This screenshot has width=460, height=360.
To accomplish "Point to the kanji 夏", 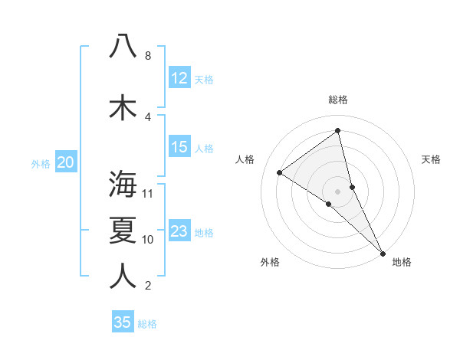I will coord(123,230).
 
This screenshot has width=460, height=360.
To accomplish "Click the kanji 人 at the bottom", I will coord(123,276).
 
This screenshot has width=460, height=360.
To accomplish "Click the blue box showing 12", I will coord(179,78).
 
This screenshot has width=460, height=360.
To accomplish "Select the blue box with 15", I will coord(179,147).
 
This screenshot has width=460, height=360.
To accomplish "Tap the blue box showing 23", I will coord(179,231).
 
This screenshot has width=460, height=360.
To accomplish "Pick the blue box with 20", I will coord(66,162).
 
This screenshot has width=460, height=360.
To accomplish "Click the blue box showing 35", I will coord(123,322).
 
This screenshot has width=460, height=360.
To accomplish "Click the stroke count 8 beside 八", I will coord(147,56).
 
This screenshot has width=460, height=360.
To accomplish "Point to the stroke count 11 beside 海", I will coord(148,193).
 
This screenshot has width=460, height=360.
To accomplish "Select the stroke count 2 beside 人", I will coord(147,286).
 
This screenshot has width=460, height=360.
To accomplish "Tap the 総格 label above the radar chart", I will coord(338,100).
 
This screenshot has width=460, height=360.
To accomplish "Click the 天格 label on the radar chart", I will coord(432,159).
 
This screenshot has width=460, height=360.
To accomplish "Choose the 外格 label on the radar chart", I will coord(270,262).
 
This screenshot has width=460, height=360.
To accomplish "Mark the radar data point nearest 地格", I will coord(383,252).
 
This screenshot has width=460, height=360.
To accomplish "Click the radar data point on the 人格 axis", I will coord(280,172).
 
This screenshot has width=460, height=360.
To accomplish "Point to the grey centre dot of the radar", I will coord(338,191).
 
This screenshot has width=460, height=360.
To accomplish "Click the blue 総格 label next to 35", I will coord(147,324).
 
